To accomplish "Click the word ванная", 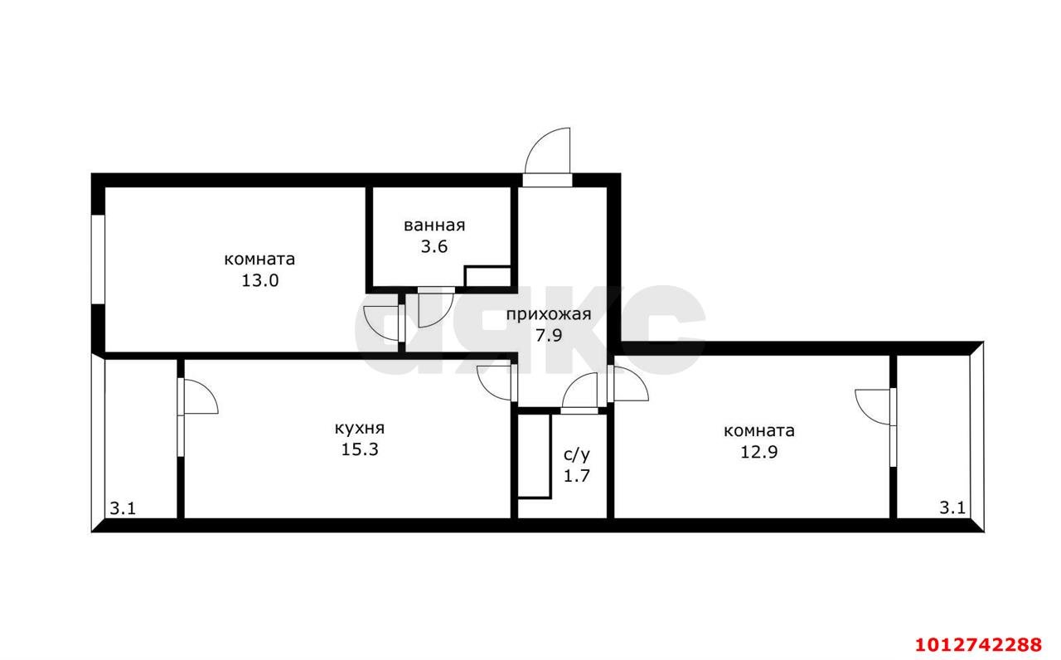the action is (x=434, y=226).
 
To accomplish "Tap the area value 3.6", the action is (x=434, y=247).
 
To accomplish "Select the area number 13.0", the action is (x=260, y=280).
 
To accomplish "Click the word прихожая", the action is (x=549, y=314).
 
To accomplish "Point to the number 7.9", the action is (x=549, y=336).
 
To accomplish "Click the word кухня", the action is (x=360, y=429).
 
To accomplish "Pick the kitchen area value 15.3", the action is (x=360, y=449).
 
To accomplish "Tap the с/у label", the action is (x=576, y=455).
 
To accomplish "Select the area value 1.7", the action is (x=576, y=475).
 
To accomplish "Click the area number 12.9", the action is (x=758, y=452).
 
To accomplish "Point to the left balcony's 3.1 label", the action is (x=123, y=509).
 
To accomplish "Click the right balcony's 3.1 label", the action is (x=952, y=508).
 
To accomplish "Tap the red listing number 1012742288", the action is (x=979, y=644).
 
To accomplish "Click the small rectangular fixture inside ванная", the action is (x=488, y=277).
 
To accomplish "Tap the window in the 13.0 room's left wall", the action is (x=98, y=260).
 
